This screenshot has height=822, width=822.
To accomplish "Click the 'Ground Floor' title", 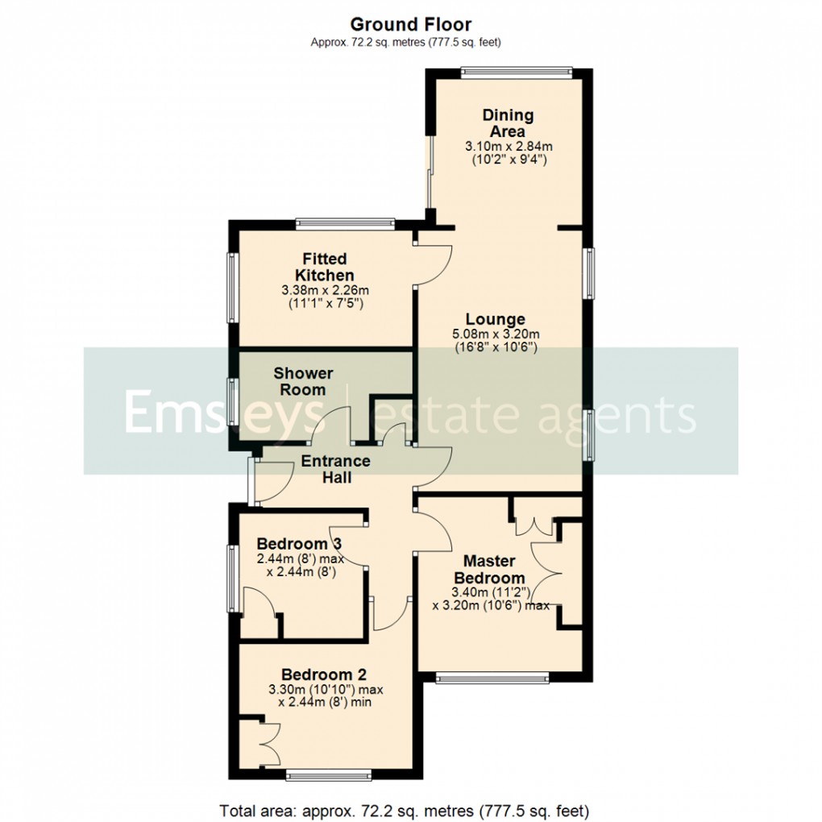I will [411, 25].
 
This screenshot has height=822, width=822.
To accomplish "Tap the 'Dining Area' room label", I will [508, 123].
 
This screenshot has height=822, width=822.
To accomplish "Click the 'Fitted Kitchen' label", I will [324, 267].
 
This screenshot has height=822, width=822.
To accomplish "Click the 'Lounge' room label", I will [500, 320].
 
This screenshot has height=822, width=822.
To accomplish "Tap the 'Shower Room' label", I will [303, 381].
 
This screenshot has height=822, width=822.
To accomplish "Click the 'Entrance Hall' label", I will [335, 469].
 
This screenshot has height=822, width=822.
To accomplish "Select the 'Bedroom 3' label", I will [293, 544].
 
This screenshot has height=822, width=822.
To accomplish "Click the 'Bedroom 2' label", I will [318, 675].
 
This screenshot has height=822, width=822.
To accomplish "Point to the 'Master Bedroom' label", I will [489, 569].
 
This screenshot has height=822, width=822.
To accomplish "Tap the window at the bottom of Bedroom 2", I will [329, 775].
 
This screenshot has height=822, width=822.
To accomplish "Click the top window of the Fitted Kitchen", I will [344, 224].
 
